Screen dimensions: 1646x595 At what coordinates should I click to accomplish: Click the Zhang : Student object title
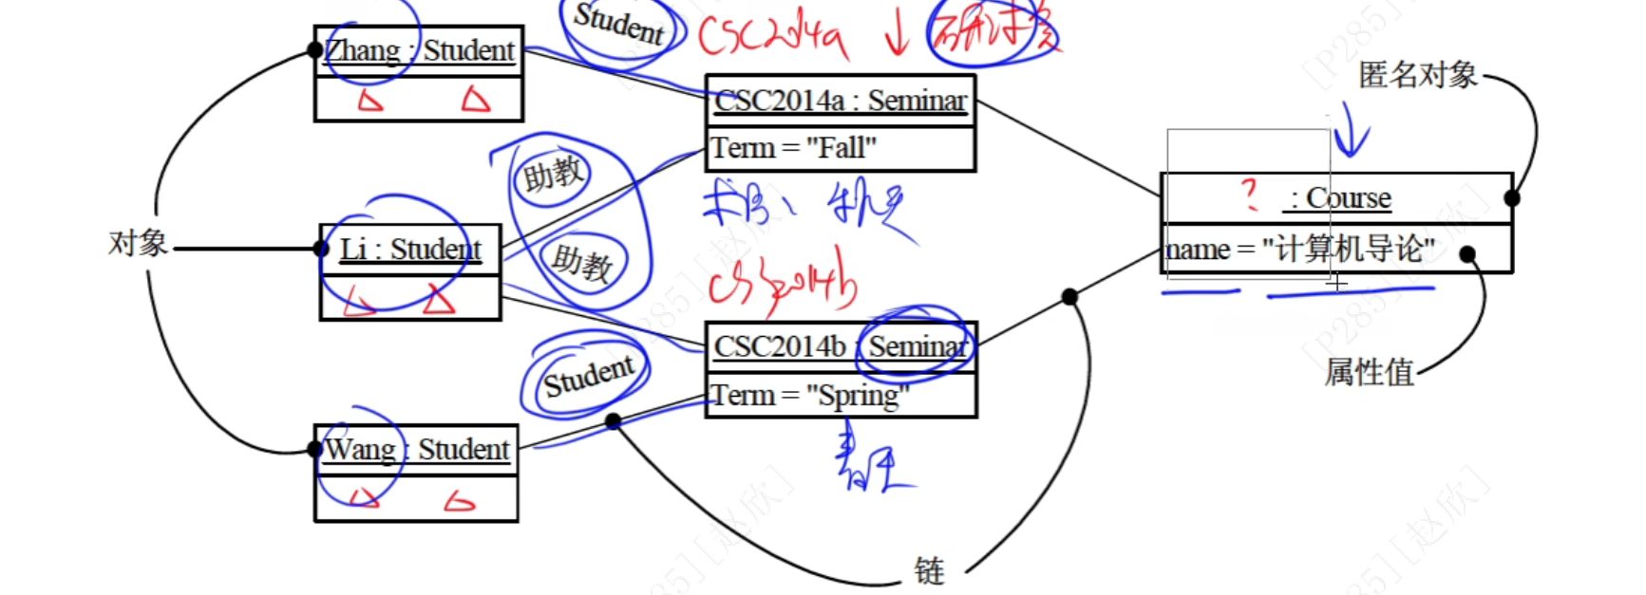click(419, 50)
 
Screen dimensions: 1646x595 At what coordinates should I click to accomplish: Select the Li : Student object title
click(410, 249)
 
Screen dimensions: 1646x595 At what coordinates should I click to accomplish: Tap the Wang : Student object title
click(417, 449)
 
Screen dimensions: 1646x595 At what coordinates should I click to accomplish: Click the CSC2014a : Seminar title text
click(840, 101)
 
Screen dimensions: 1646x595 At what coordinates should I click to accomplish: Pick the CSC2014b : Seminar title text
click(840, 346)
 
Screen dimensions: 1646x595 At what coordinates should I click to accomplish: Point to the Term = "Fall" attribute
click(794, 148)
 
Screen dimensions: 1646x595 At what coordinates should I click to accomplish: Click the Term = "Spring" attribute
click(810, 395)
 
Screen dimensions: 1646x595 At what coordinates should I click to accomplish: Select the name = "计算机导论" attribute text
click(1299, 250)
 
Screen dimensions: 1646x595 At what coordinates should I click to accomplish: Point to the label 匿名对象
click(1417, 75)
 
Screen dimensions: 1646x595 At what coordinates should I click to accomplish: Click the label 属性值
click(1369, 372)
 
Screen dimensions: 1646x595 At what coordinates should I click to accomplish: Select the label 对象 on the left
click(138, 244)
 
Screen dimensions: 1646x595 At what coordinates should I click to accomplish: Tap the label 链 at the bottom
click(929, 571)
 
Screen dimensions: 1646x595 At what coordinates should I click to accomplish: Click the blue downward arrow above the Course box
click(1350, 133)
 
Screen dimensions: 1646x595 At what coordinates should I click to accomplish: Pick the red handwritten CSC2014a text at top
click(772, 35)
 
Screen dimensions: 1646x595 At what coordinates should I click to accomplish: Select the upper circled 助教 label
click(552, 175)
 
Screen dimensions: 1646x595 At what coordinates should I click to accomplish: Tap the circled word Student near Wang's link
click(588, 377)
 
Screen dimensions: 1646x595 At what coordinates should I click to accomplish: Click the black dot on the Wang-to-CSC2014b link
click(613, 420)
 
